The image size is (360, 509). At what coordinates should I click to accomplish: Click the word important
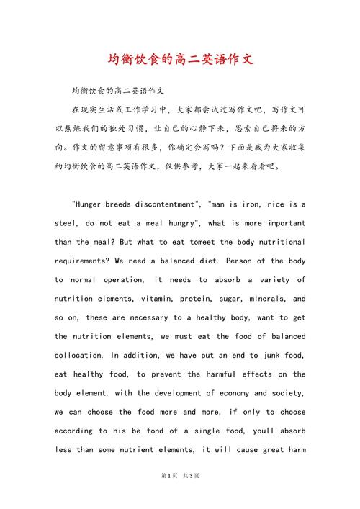[x=281, y=223]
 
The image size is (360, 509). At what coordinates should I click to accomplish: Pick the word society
[x=284, y=393]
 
